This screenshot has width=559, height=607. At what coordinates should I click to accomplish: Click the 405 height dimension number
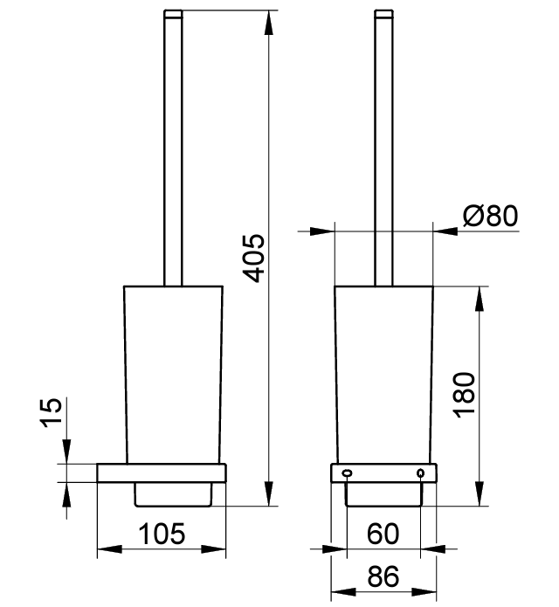pyautogui.click(x=253, y=259)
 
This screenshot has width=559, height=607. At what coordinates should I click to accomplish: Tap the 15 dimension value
pyautogui.click(x=52, y=412)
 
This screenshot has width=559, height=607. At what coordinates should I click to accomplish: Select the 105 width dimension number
pyautogui.click(x=162, y=535)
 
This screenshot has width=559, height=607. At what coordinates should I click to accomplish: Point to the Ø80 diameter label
pyautogui.click(x=490, y=216)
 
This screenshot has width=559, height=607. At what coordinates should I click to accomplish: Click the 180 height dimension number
pyautogui.click(x=464, y=396)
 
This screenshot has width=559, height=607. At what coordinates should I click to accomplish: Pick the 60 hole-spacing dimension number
pyautogui.click(x=383, y=535)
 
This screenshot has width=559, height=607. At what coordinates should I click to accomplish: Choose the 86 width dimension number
pyautogui.click(x=383, y=576)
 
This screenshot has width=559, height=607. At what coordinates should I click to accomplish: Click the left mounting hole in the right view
pyautogui.click(x=347, y=473)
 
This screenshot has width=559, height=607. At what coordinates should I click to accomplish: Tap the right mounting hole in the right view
pyautogui.click(x=421, y=473)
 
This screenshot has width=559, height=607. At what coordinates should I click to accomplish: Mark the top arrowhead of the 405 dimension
pyautogui.click(x=268, y=23)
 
